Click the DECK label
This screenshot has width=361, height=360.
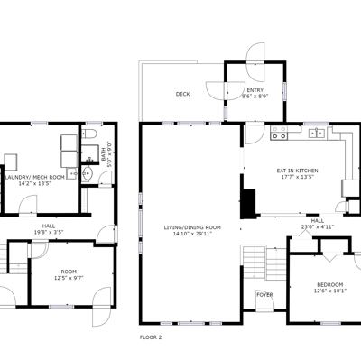coord(182,94)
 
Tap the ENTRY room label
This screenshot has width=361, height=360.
coord(255,90)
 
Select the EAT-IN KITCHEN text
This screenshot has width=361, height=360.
coord(297,171)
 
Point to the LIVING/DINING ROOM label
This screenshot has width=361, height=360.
coord(192,227)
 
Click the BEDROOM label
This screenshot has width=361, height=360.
coord(330,284)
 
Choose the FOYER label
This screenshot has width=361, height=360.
coord(264,295)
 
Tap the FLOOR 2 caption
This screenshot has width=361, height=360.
coord(151,337)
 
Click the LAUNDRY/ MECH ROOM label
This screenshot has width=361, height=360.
coord(35,177)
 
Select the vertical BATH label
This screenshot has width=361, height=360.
coord(103,153)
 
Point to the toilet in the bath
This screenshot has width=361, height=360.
coord(89,134)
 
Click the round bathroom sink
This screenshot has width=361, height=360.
coord(88,173)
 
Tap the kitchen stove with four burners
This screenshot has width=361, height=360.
coord(279,133)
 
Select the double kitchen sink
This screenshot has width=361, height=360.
coord(316,133)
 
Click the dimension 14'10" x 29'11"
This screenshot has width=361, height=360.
coord(192,234)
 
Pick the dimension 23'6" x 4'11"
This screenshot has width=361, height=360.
coord(318,227)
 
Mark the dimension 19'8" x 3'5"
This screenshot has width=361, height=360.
coord(49,232)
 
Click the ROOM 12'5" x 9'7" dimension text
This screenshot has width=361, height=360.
coord(69,278)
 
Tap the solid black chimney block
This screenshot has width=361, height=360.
coord(248,204)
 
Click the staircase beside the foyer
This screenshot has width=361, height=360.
coord(264,263)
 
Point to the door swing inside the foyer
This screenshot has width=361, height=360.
coord(264,300)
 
